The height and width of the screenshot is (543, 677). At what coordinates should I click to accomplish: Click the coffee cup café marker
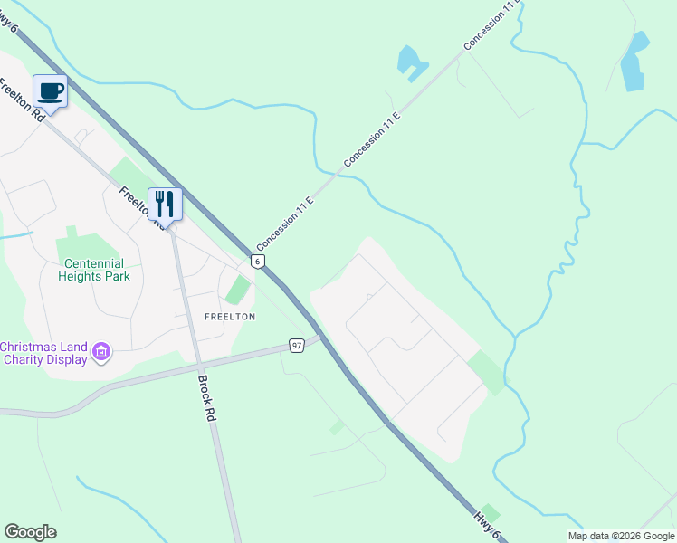pyautogui.click(x=51, y=92)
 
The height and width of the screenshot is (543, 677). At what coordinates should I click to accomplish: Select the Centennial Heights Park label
pyautogui.click(x=94, y=270)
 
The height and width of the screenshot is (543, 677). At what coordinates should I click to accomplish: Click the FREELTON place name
pyautogui.click(x=230, y=317)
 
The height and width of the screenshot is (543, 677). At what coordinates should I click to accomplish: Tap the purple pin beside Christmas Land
pyautogui.click(x=101, y=352)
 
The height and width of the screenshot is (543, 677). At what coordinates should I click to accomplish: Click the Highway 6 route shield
pyautogui.click(x=258, y=261)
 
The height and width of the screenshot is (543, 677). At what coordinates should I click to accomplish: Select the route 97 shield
pyautogui.click(x=297, y=346)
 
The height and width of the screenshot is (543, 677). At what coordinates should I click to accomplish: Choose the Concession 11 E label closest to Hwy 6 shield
pyautogui.click(x=284, y=223)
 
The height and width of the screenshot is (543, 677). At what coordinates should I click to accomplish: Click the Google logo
pyautogui.click(x=30, y=532)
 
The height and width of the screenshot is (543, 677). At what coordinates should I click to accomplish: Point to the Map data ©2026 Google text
pyautogui.click(x=622, y=536)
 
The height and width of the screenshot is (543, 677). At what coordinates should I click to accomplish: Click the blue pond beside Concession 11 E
pyautogui.click(x=410, y=61)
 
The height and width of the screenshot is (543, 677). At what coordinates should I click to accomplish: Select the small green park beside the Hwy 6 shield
pyautogui.click(x=237, y=291)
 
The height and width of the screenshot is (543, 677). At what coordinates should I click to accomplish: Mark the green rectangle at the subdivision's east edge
pyautogui.click(x=487, y=371)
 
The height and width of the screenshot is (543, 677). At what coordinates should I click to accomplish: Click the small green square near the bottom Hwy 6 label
pyautogui.click(x=490, y=512)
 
